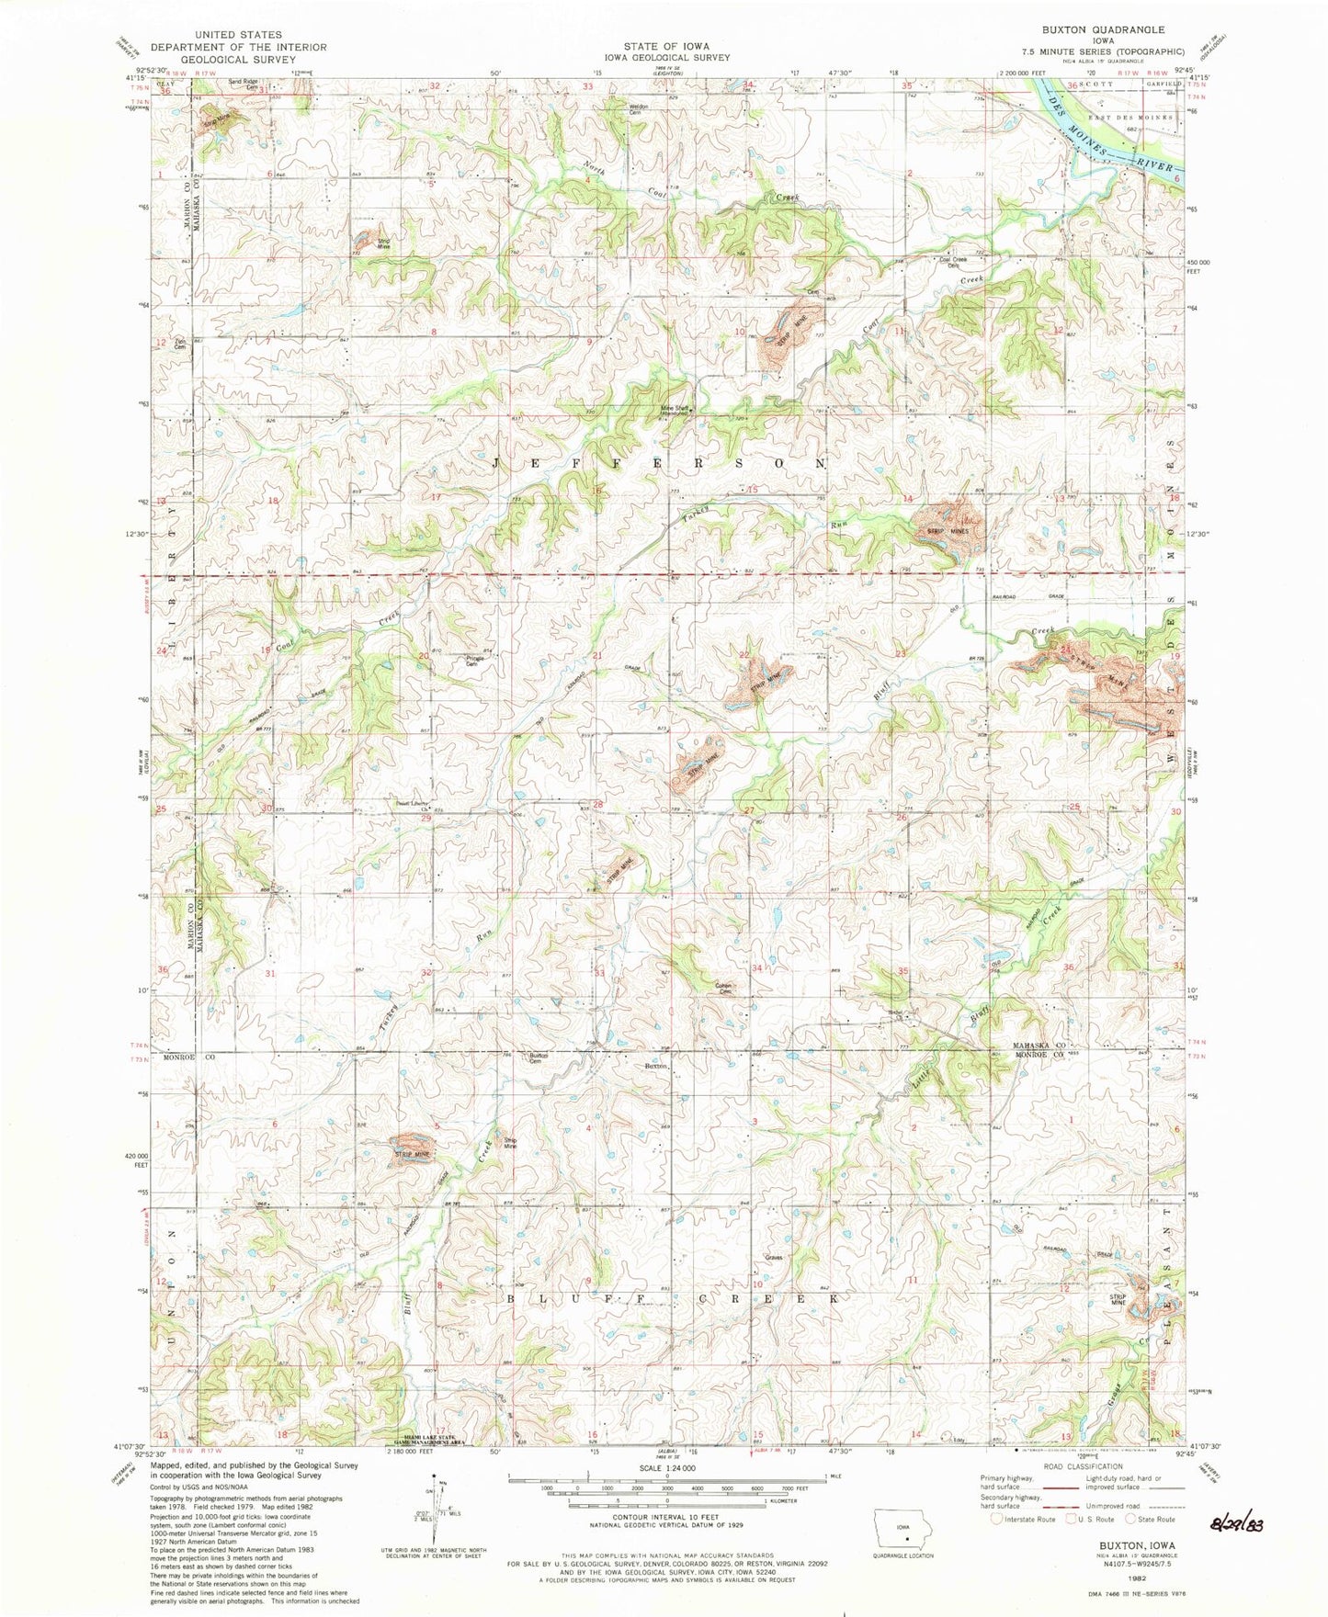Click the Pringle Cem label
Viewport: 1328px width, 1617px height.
tap(475, 661)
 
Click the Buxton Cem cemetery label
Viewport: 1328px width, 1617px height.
tap(539, 1058)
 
